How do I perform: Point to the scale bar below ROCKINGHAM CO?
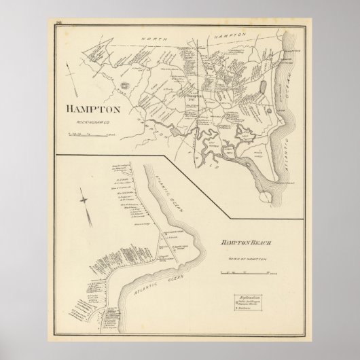[x=92, y=134]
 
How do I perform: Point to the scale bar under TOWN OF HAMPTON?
[x=242, y=272]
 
